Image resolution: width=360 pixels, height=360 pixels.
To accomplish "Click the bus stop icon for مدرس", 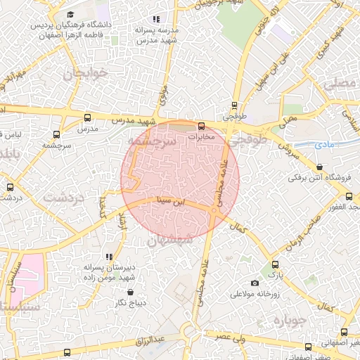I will pos(87,117).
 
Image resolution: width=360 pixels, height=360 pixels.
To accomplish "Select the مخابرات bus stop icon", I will pos(202,126).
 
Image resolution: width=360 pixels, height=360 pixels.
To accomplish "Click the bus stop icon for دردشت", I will pos(10,187).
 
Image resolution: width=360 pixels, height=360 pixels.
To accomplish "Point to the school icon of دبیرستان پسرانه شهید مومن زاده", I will pos(109,257).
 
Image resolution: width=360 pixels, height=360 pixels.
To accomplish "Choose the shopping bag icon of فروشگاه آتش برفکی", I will pos(321,167).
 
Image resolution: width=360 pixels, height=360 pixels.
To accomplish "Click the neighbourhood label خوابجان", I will pos(88,73).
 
